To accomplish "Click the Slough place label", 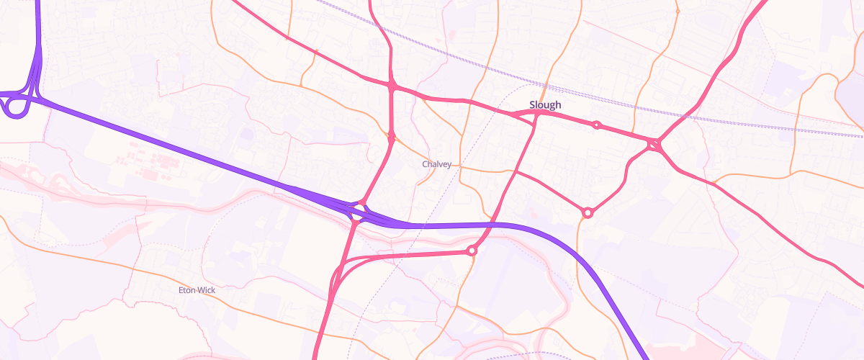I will (x=545, y=105).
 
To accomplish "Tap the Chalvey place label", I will (x=436, y=164).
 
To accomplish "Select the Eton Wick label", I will (x=197, y=290).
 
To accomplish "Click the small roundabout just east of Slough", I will (x=596, y=125).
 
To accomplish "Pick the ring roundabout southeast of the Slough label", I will (x=588, y=212).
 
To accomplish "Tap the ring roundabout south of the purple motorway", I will (x=472, y=251).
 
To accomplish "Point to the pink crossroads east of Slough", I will (x=654, y=145).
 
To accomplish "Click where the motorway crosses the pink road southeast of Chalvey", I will (x=494, y=225).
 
